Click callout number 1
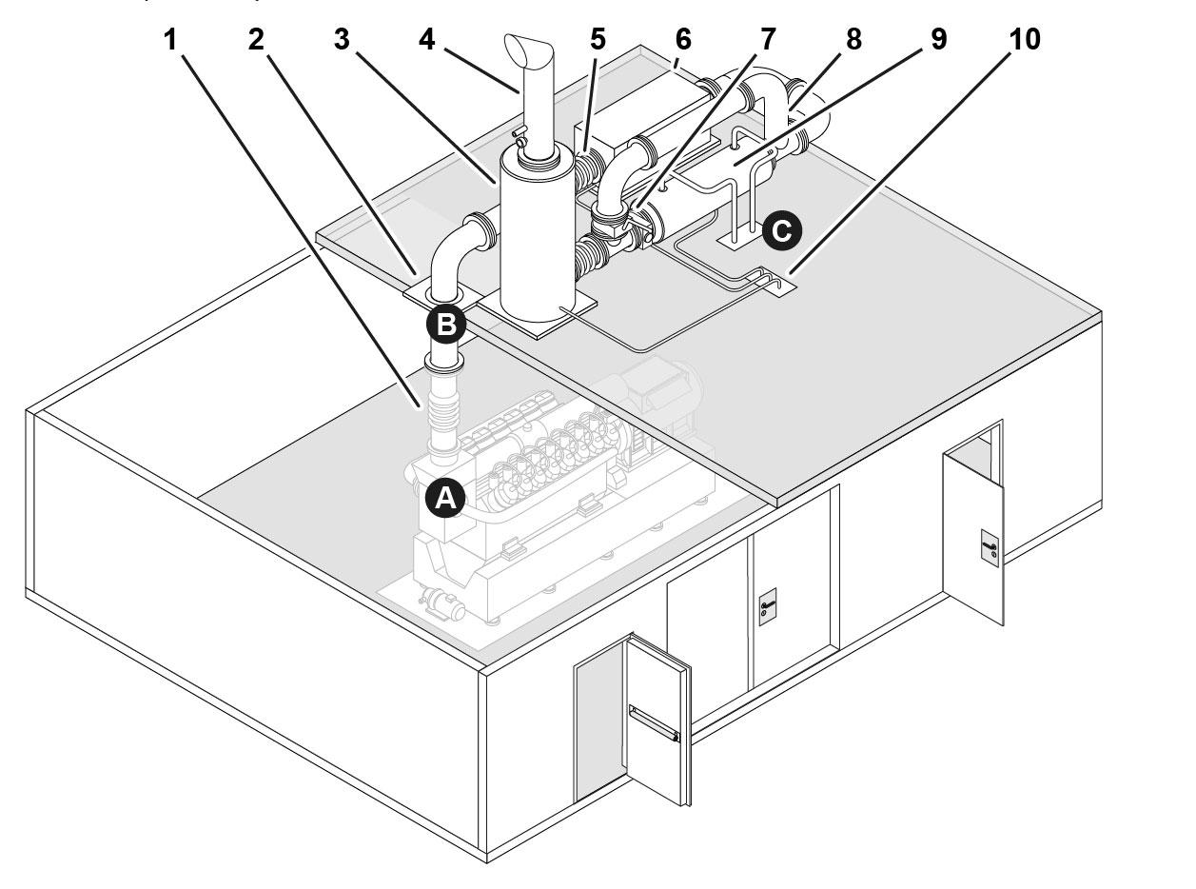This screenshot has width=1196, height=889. point(170,41)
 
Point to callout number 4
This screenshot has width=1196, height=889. point(426,41)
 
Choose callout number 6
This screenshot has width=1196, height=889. point(681,41)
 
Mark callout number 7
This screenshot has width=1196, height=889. point(766,41)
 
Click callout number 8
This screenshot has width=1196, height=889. point(853,41)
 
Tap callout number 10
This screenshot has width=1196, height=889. point(1024,41)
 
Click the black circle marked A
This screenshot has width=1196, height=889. point(444,498)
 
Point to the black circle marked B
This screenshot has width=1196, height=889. point(445,325)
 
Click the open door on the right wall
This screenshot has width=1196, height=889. point(973,538)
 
